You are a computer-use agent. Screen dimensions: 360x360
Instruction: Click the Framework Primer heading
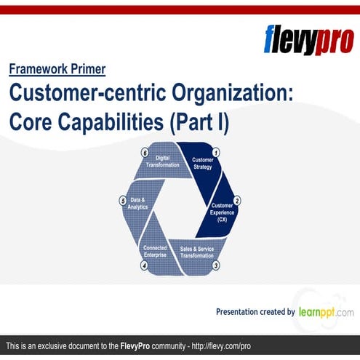[x=57, y=70]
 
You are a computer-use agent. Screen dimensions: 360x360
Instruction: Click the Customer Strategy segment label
[x=202, y=163]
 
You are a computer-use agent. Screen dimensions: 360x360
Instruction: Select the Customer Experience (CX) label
[x=222, y=212]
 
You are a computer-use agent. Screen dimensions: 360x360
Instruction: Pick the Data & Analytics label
[x=138, y=204]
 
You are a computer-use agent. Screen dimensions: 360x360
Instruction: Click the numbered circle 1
[x=215, y=153]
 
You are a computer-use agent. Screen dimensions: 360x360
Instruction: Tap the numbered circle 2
[x=236, y=200]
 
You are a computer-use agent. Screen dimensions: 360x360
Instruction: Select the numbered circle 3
[x=215, y=266]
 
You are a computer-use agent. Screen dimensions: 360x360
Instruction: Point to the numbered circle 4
[x=144, y=266]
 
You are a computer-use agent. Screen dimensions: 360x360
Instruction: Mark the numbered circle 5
[x=123, y=200]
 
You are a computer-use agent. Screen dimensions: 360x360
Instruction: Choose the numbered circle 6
[x=145, y=153]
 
